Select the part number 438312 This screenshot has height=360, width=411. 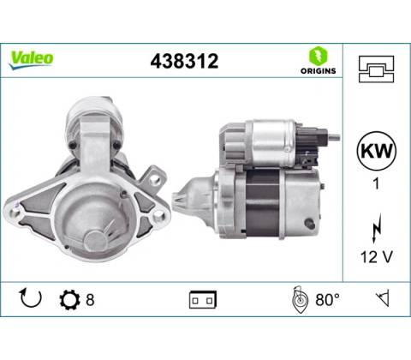[184, 61]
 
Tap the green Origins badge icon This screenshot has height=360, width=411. [318, 56]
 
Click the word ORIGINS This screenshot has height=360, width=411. [318, 71]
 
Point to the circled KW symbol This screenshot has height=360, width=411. [377, 151]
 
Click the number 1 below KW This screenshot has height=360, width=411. [376, 183]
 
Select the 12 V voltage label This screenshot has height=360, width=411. [377, 256]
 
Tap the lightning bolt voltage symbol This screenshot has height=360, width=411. [377, 228]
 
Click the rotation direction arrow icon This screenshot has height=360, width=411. [30, 298]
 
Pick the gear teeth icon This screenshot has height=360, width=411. [69, 300]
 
